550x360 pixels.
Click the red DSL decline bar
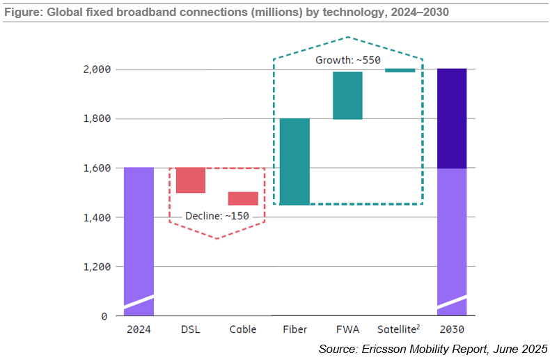pos(191,180)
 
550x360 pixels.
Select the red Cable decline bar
pos(243,198)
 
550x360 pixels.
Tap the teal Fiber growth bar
pos(295,162)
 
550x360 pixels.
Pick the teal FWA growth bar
pos(347,95)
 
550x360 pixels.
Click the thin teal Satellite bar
pos(400,70)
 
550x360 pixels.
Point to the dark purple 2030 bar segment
pos(452,118)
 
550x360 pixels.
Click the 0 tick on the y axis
pos(104,316)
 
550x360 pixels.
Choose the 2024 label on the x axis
pos(138,329)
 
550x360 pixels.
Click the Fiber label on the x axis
pos(295,329)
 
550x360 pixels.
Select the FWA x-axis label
pos(347,329)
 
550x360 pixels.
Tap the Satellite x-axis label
pos(398,329)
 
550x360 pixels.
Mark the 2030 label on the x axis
pos(452,329)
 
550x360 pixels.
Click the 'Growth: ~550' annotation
pos(348,61)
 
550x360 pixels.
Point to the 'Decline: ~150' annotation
pos(217,216)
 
